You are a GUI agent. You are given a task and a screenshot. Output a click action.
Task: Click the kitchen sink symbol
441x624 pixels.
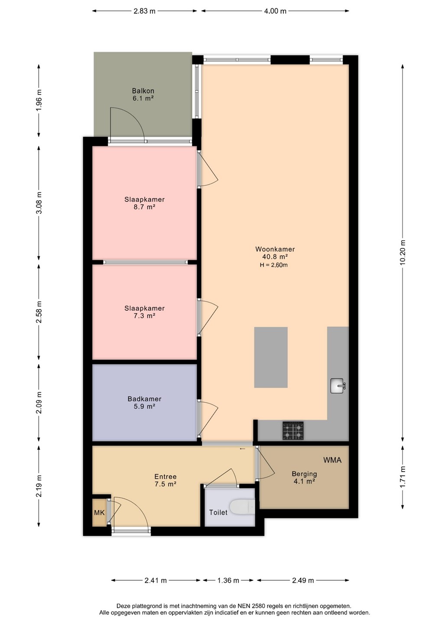(338, 386)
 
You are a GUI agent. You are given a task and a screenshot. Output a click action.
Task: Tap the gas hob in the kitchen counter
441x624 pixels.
(293, 431)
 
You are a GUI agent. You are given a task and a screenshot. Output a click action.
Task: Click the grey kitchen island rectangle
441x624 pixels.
(271, 357)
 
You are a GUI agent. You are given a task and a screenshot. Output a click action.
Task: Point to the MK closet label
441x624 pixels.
(99, 512)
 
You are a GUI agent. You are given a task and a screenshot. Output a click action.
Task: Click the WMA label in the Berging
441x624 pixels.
(332, 460)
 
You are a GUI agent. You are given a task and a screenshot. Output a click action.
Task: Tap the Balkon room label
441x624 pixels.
(143, 91)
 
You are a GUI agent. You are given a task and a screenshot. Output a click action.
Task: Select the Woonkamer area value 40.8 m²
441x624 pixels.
(275, 257)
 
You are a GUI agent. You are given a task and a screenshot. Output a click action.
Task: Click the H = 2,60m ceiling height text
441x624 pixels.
(274, 265)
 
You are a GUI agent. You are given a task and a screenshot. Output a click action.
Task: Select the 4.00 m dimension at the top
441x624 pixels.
(275, 11)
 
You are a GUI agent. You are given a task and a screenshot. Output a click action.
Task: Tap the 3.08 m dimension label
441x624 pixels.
(39, 203)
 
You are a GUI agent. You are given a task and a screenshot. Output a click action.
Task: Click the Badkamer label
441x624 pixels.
(145, 399)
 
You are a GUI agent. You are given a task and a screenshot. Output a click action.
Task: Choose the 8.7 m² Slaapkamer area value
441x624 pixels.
(145, 207)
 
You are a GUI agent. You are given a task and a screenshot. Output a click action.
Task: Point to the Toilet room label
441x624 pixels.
(218, 512)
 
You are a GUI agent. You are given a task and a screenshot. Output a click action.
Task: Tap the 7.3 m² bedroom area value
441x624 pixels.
(145, 315)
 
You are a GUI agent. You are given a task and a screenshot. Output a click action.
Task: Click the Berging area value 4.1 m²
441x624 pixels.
(304, 481)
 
